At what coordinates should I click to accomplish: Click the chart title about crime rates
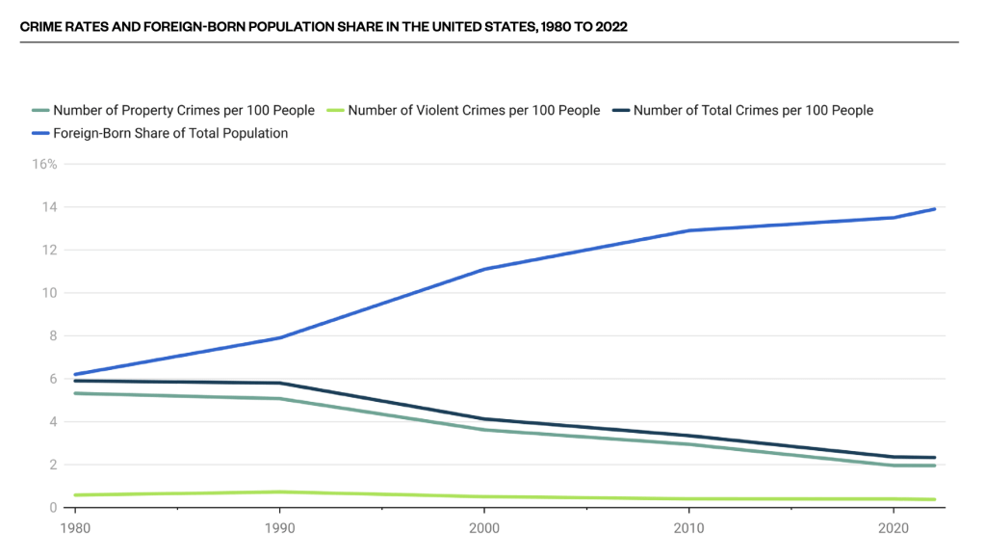pos(324,27)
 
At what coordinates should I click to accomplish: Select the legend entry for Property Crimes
pos(183,111)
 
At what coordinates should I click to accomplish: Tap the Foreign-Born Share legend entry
pos(169,134)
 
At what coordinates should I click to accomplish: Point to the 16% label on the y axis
pos(45,165)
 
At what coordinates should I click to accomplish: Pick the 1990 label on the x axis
pos(278,529)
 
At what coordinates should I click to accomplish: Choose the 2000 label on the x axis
pos(483,529)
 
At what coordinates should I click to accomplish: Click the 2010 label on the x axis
pos(688,529)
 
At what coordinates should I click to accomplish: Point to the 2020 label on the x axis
pos(894,529)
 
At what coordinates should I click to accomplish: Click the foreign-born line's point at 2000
pos(483,269)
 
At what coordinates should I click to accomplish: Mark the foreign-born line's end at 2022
pos(934,209)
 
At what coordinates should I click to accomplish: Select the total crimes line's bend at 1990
pos(278,383)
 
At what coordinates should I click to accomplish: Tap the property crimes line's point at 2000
pos(483,430)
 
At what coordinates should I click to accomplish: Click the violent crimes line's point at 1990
pos(278,492)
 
